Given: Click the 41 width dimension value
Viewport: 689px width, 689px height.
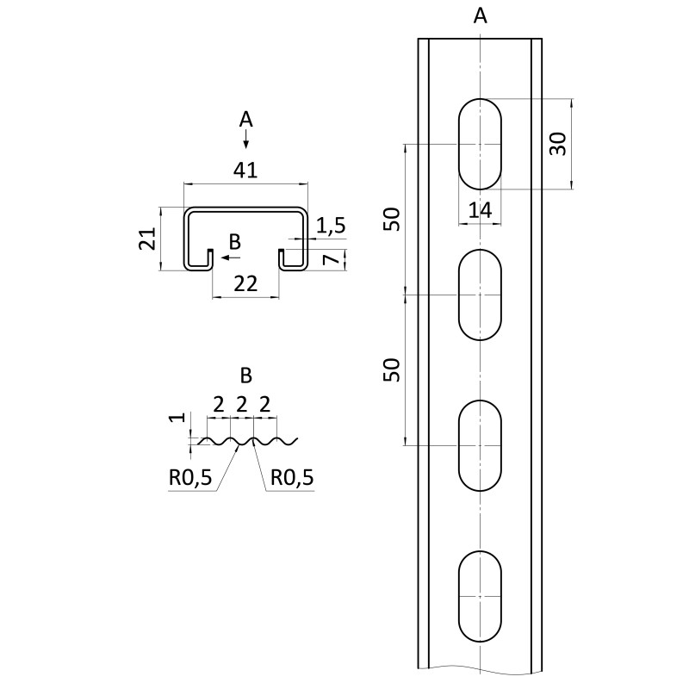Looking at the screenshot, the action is pyautogui.click(x=245, y=170).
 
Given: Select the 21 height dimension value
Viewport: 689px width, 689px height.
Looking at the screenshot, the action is pyautogui.click(x=147, y=239).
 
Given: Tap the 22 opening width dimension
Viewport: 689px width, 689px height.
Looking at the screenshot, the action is pyautogui.click(x=245, y=284).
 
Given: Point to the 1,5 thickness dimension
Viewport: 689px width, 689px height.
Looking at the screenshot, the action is pyautogui.click(x=331, y=226).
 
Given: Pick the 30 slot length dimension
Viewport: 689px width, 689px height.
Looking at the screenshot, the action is pyautogui.click(x=558, y=144).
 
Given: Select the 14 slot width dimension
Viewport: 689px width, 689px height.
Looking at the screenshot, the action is pyautogui.click(x=480, y=210).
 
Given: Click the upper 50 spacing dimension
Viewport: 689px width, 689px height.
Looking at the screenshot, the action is pyautogui.click(x=392, y=219).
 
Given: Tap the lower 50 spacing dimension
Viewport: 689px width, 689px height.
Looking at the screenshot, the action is pyautogui.click(x=392, y=369).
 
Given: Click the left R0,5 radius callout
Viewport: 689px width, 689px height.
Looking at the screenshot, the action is pyautogui.click(x=190, y=477).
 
